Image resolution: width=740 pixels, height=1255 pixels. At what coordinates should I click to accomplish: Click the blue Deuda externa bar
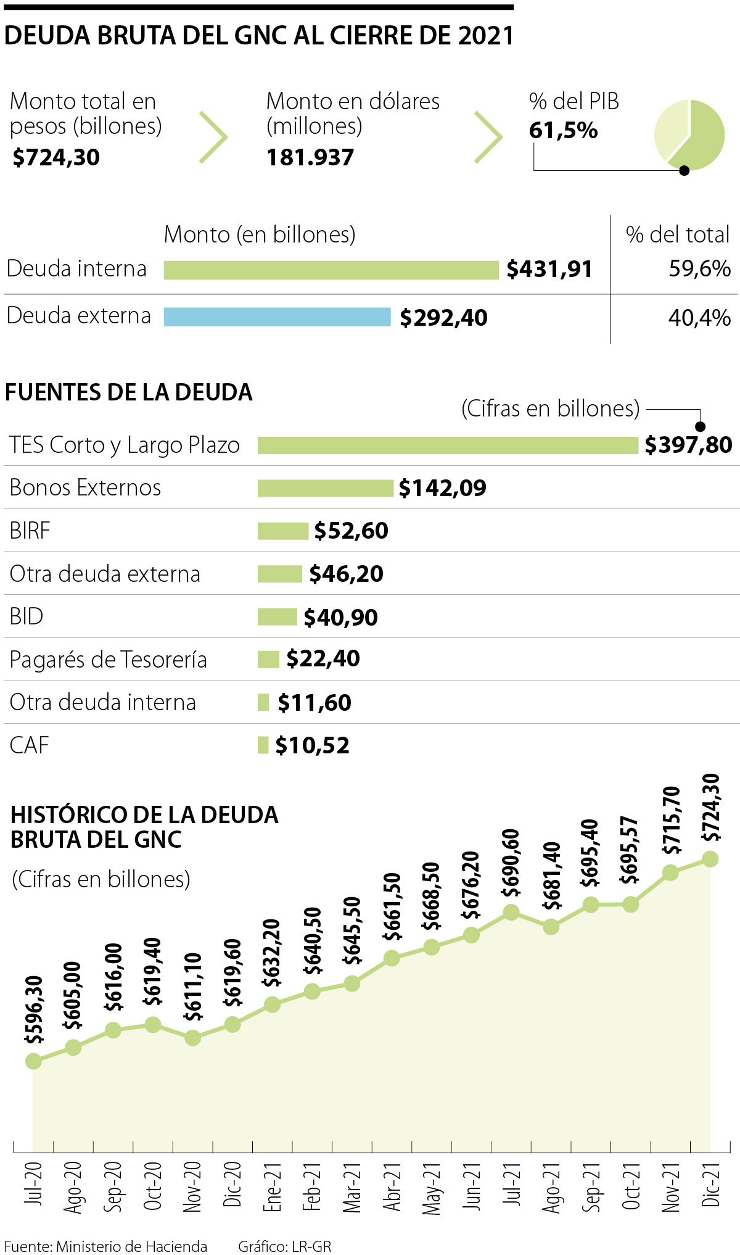point(277,317)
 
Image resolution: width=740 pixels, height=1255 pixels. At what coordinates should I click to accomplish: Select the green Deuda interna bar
point(331,270)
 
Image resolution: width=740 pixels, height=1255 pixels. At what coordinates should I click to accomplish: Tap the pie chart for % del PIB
point(689,135)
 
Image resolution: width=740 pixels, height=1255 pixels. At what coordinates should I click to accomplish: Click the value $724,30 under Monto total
point(56,157)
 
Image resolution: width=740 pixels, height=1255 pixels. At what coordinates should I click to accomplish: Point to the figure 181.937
point(310,157)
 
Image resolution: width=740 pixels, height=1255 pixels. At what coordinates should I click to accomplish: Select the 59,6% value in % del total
point(699,269)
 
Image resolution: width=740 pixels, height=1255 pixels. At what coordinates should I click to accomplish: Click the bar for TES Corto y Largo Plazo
point(448,445)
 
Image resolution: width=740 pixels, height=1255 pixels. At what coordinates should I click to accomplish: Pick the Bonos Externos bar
point(325,488)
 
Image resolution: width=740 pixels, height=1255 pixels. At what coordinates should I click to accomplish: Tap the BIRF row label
point(30,531)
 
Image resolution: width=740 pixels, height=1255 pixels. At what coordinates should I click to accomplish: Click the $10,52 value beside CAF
point(312,745)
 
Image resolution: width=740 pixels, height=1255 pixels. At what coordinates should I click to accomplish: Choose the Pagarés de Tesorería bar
point(268,659)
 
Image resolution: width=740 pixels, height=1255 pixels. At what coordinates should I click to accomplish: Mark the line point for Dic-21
point(710,859)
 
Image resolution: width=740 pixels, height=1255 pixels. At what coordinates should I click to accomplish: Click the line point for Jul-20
point(33,1061)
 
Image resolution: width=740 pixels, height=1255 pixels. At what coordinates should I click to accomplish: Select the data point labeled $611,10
point(192,1038)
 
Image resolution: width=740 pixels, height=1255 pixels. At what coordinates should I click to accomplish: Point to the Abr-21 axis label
point(392,1188)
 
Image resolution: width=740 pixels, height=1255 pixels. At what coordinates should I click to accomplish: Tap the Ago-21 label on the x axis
point(551,1188)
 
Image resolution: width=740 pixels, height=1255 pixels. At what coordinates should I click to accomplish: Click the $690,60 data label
point(511,863)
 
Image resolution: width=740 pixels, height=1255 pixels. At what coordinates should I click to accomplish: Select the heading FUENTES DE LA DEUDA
point(129,392)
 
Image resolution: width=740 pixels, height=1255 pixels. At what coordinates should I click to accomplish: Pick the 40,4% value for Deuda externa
point(699,318)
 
